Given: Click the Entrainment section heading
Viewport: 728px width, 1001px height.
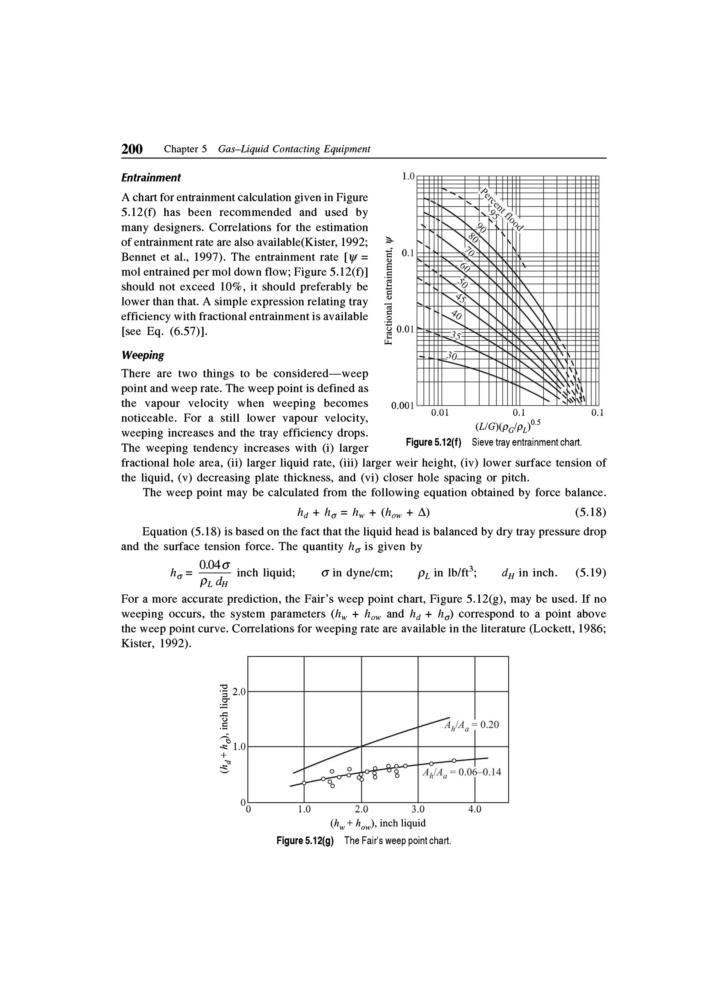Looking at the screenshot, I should [x=151, y=178].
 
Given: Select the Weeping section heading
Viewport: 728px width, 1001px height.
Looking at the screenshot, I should [x=143, y=355].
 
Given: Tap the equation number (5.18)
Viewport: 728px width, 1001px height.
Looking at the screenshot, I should [x=590, y=512].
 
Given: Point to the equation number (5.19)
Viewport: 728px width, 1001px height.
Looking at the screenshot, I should [x=590, y=573].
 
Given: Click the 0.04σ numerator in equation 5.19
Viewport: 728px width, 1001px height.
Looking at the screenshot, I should [x=215, y=565].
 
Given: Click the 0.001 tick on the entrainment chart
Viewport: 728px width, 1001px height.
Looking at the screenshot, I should [x=402, y=405].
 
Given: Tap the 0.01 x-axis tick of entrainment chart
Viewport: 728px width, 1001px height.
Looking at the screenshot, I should [x=440, y=413].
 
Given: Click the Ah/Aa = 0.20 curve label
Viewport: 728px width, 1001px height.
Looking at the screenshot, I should [x=471, y=725].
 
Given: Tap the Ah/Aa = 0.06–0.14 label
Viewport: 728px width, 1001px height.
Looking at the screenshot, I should [x=461, y=773].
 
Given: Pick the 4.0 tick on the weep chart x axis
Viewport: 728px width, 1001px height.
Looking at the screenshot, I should [x=475, y=809].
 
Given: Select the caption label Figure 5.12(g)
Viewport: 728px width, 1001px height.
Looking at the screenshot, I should [x=305, y=841].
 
